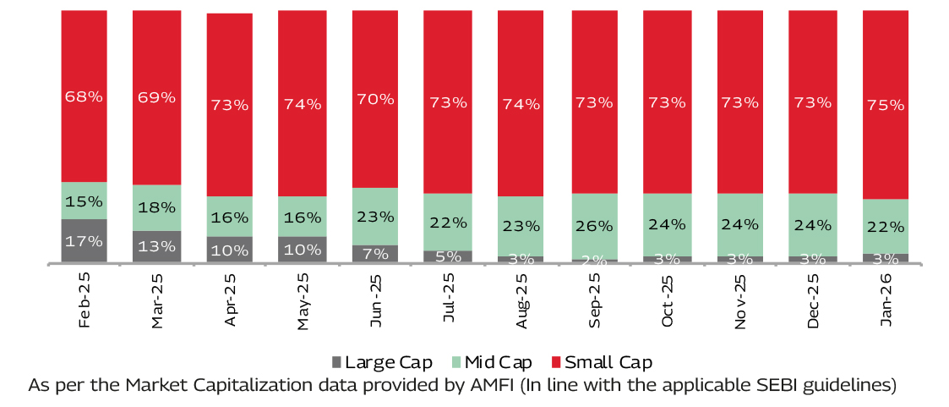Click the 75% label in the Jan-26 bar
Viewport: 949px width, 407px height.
885,105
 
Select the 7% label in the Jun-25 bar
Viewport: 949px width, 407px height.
376,252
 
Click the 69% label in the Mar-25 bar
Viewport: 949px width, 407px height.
156,96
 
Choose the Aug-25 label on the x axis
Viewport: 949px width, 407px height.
521,301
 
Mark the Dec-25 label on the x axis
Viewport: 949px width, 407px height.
812,301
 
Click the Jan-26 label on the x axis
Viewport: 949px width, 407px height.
885,301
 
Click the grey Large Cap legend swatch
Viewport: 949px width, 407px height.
337,363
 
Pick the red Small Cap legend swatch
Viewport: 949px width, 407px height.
555,363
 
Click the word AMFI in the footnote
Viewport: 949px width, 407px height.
488,385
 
